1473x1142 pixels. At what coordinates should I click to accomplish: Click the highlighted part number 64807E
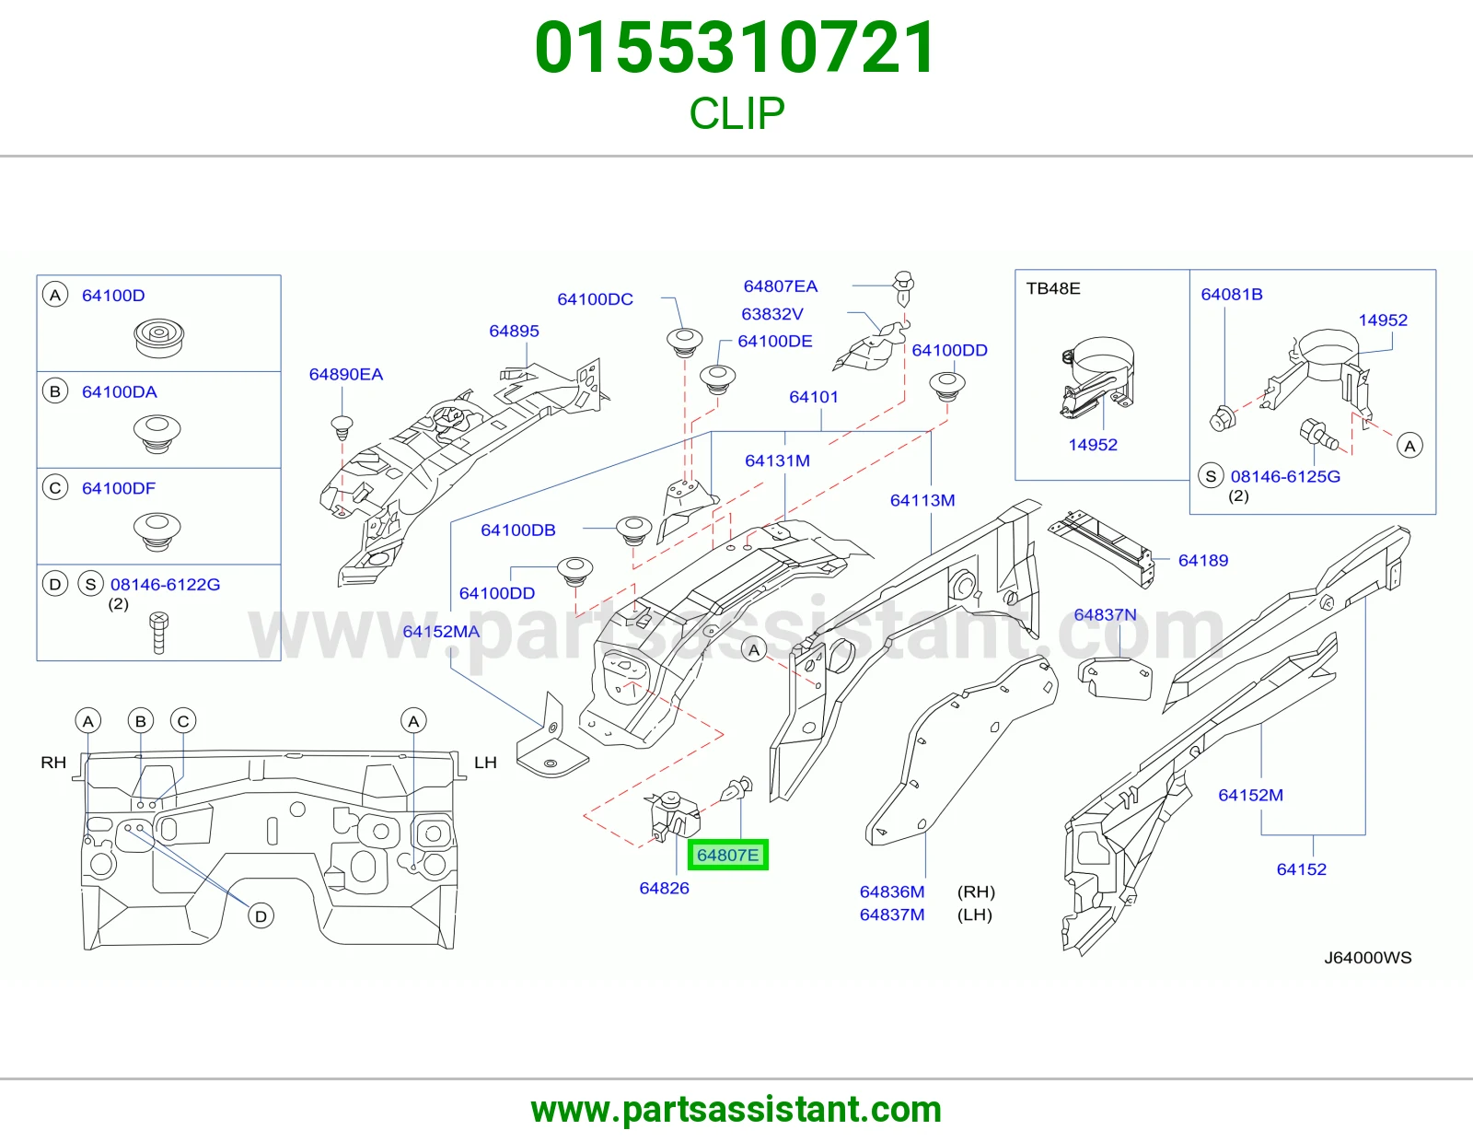tap(727, 855)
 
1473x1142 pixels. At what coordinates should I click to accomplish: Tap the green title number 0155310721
tap(736, 48)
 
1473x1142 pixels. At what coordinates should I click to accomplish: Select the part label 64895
tap(514, 331)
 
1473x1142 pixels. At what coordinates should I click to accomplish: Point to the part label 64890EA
tap(346, 374)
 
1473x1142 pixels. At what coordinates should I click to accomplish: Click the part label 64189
tap(1203, 560)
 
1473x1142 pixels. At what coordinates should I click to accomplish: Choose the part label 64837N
tap(1105, 614)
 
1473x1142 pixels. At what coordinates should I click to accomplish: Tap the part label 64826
tap(665, 888)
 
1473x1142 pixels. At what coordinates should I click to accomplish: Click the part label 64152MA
tap(441, 632)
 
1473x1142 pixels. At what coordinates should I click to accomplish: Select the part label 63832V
tap(772, 314)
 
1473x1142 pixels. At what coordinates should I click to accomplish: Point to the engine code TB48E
tap(1053, 288)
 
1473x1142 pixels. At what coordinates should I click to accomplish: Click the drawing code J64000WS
tap(1368, 958)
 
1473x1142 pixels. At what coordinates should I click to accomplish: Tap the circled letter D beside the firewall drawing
tap(261, 916)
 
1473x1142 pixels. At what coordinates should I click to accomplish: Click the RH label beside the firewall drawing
tap(53, 763)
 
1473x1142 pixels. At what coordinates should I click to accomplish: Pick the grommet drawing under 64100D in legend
tap(158, 338)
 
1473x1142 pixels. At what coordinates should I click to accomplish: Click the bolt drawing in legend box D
tap(158, 633)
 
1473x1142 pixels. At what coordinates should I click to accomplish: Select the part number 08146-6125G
tap(1285, 476)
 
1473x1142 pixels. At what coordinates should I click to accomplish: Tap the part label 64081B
tap(1232, 295)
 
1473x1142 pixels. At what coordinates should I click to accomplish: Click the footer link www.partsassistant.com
tap(736, 1111)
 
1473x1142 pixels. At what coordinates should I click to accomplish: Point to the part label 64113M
tap(922, 500)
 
